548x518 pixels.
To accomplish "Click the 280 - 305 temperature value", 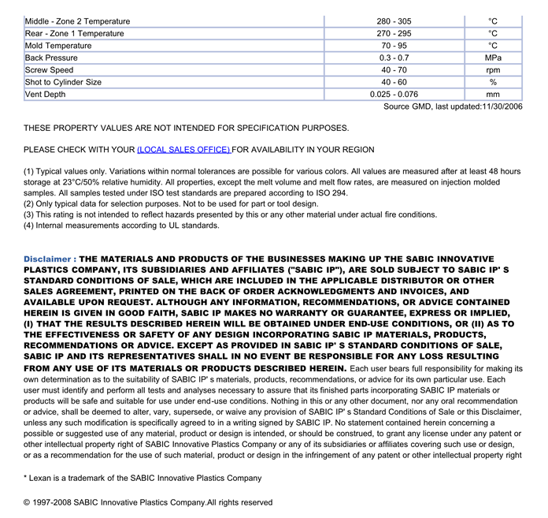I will pyautogui.click(x=394, y=21).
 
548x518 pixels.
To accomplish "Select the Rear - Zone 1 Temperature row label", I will pyautogui.click(x=75, y=33).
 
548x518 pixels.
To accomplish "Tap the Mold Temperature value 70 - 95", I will pyautogui.click(x=394, y=46).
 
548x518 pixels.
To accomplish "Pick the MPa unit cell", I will pyautogui.click(x=493, y=58).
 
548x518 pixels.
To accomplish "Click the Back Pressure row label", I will pyautogui.click(x=51, y=58).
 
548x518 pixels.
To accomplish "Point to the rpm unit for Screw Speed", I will pyautogui.click(x=493, y=70).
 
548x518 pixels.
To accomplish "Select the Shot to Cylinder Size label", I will pyautogui.click(x=63, y=82).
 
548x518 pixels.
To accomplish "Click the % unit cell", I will pyautogui.click(x=493, y=82).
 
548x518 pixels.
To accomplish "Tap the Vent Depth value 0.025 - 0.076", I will pyautogui.click(x=394, y=95).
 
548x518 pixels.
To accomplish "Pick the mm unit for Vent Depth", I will pyautogui.click(x=493, y=95).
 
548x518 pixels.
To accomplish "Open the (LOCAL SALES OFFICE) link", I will pyautogui.click(x=183, y=150).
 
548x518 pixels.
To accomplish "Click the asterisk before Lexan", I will pyautogui.click(x=25, y=477).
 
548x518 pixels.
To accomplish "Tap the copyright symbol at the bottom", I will pyautogui.click(x=27, y=502).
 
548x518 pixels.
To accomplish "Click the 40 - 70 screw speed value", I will pyautogui.click(x=394, y=70).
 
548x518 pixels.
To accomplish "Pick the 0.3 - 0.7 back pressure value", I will pyautogui.click(x=394, y=58).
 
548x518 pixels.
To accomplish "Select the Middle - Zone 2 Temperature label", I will pyautogui.click(x=78, y=21).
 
